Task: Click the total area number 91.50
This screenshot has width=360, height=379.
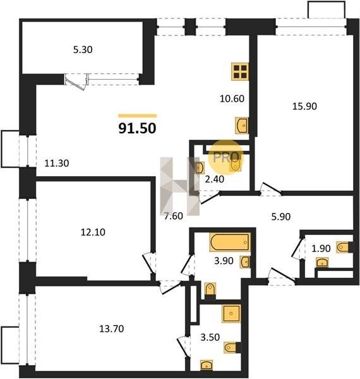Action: (137, 128)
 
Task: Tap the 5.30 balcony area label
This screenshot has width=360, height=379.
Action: (83, 50)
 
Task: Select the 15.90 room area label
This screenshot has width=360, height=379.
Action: (304, 106)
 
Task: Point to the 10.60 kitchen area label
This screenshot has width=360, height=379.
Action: (232, 99)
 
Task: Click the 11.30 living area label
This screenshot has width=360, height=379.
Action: (57, 164)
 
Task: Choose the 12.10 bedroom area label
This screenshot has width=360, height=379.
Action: (93, 232)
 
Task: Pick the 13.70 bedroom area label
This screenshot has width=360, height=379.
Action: (112, 328)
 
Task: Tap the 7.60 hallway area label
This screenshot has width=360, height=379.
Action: (174, 216)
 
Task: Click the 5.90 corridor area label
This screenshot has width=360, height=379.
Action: (281, 217)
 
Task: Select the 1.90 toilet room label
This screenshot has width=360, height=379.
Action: (321, 248)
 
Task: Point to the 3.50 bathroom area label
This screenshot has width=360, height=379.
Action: (210, 337)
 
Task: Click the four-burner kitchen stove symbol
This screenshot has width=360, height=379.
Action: (240, 71)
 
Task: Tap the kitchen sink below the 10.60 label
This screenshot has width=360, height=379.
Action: (242, 126)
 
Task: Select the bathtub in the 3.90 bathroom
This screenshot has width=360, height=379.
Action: (231, 242)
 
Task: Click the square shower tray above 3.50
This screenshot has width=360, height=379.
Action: (231, 313)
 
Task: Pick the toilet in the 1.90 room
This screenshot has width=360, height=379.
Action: (343, 247)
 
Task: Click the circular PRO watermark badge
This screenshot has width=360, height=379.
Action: (226, 157)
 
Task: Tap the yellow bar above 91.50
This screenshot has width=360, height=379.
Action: (138, 116)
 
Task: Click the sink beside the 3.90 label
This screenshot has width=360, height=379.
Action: (245, 262)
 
